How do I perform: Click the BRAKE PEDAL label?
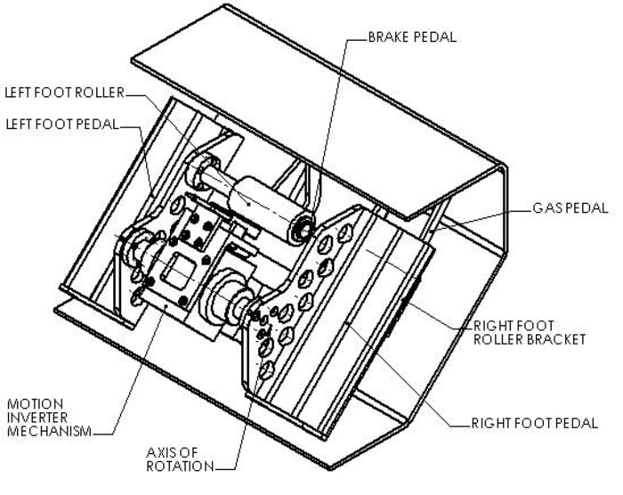411,38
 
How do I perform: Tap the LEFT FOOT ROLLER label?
63,92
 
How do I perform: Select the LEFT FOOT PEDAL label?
61,124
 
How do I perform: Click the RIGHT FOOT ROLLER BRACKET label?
529,332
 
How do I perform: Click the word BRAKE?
389,38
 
